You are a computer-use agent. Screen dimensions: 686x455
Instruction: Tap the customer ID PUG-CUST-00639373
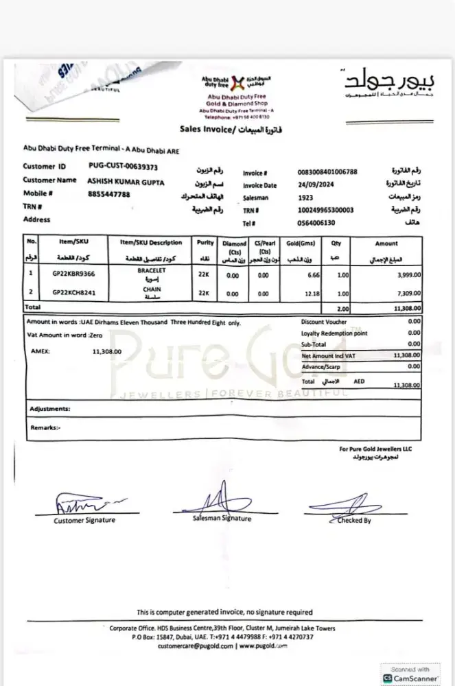coord(124,166)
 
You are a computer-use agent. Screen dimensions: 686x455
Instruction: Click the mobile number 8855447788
coord(109,194)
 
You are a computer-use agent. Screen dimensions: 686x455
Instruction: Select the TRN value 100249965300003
coord(326,210)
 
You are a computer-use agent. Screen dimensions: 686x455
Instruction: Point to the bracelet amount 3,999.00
coord(406,275)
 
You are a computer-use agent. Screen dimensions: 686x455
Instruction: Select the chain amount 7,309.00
coord(406,293)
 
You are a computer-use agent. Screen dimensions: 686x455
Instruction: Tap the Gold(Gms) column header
coord(300,243)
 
